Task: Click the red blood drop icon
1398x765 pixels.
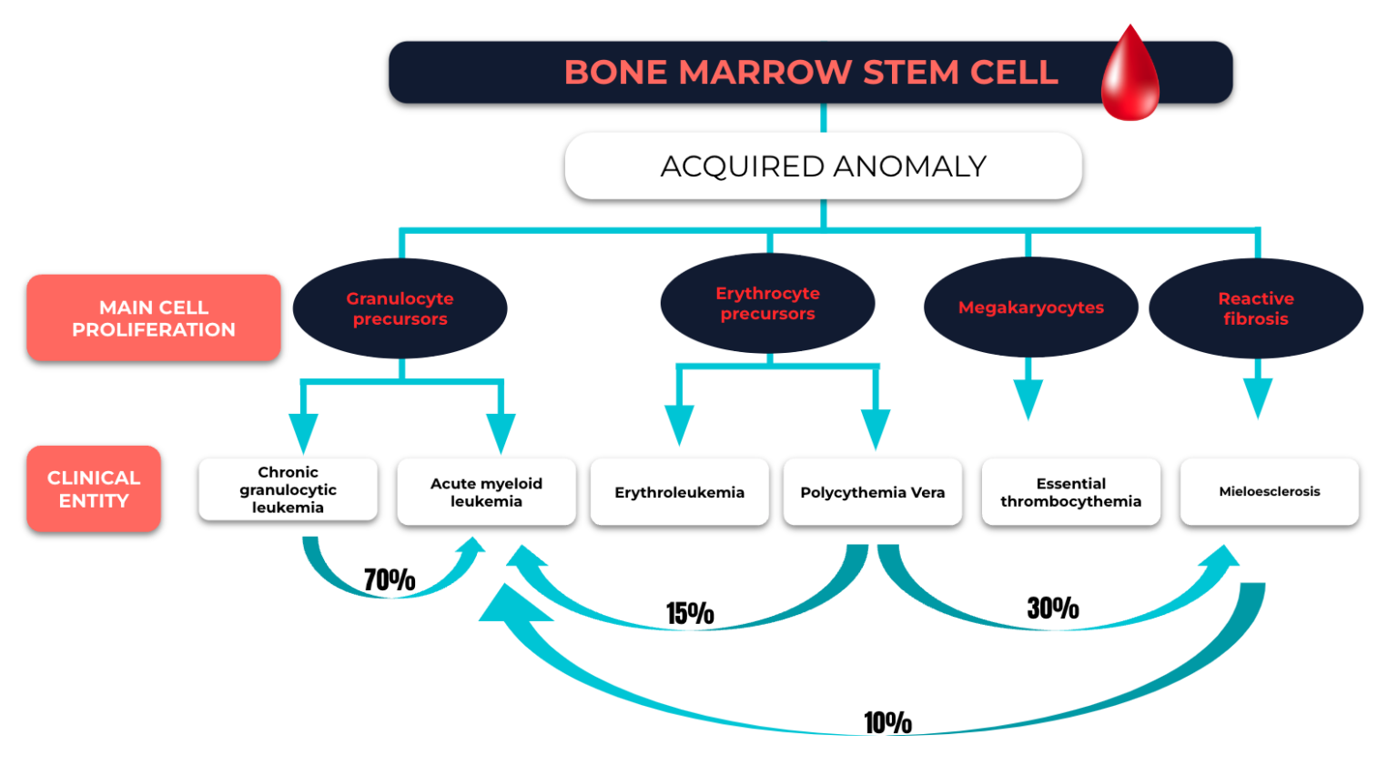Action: (1130, 74)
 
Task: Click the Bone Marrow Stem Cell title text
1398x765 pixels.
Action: (811, 72)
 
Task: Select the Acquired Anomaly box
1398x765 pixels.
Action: (823, 166)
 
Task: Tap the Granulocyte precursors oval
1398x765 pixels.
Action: (400, 308)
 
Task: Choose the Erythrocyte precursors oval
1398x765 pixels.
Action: (767, 303)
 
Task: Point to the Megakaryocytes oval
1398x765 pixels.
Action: (1031, 307)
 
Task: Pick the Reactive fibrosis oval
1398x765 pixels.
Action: (1256, 308)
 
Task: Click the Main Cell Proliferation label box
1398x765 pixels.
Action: (154, 317)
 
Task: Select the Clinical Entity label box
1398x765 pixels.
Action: (94, 488)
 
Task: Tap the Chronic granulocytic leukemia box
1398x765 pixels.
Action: (288, 489)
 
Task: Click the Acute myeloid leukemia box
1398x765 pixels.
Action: (486, 492)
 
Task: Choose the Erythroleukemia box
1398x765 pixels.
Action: (680, 492)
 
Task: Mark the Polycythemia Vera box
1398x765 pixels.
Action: (873, 492)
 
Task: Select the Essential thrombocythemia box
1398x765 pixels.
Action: (1071, 492)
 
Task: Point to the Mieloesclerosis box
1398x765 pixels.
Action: (1270, 492)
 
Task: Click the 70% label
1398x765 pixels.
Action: (390, 579)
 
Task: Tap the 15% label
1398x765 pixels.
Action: (690, 613)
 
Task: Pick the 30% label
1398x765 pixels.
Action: (1053, 608)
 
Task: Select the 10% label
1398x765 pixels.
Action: (887, 722)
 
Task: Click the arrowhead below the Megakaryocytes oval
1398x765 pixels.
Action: (1028, 399)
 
